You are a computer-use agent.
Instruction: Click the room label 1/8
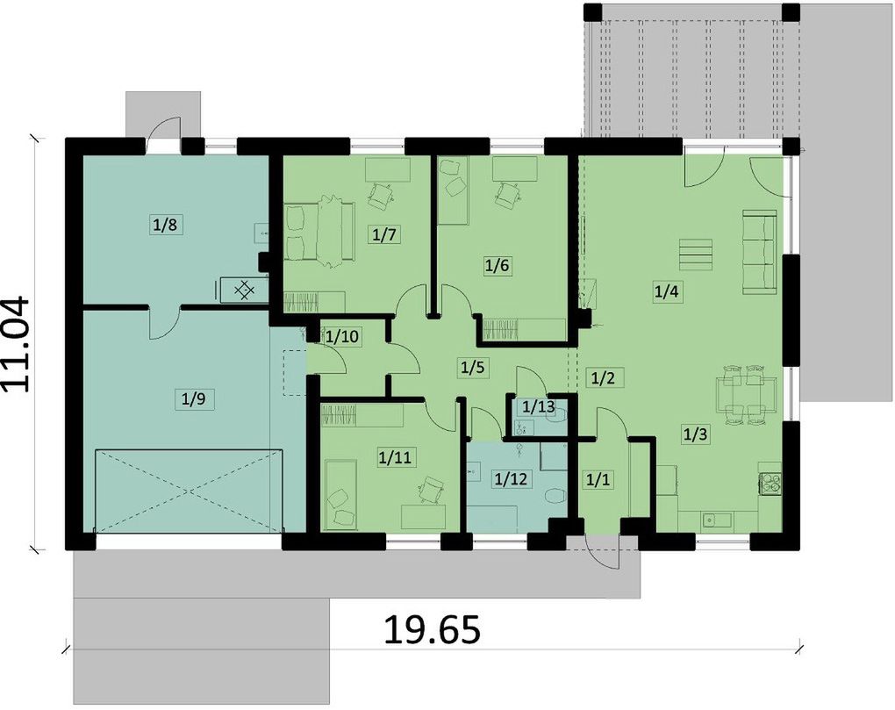pos(165,225)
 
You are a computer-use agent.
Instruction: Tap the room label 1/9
pos(193,399)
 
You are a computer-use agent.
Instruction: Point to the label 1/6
pos(497,265)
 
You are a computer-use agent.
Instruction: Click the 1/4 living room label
pos(666,291)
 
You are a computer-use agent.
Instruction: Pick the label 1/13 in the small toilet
pos(538,407)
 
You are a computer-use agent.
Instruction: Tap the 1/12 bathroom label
pos(511,478)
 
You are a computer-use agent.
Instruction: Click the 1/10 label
pos(342,337)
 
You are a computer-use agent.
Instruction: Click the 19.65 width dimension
pos(432,629)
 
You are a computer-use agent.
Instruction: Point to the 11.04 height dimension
pos(16,343)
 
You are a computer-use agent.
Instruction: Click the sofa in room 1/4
pos(759,252)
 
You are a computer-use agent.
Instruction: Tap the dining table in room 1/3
pos(746,395)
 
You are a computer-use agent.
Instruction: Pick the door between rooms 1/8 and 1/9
pos(165,322)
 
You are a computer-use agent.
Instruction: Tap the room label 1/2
pos(604,377)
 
